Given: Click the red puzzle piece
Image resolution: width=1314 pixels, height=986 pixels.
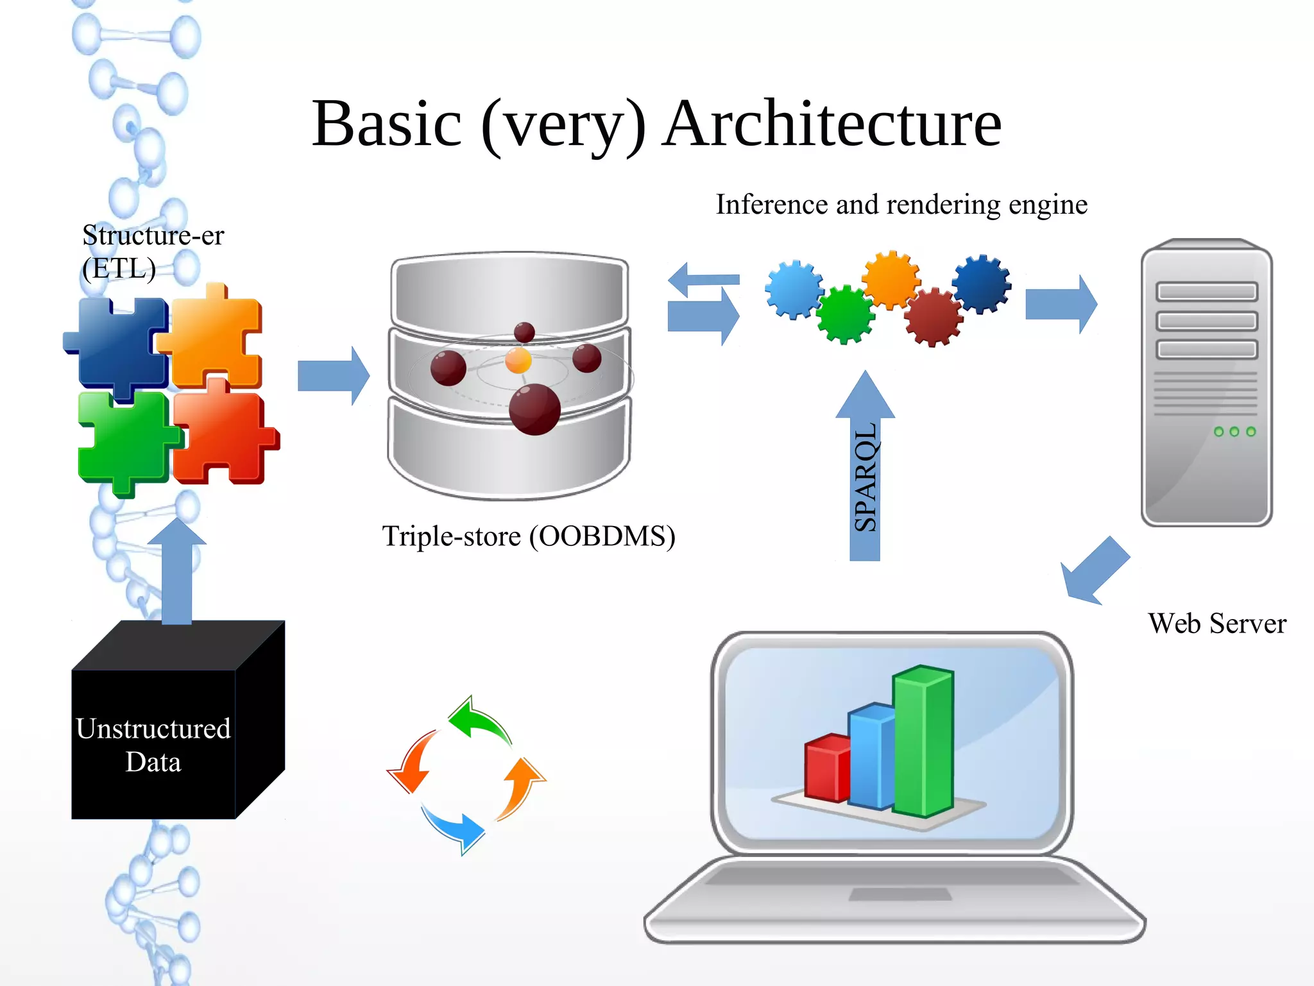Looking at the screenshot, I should pyautogui.click(x=221, y=436).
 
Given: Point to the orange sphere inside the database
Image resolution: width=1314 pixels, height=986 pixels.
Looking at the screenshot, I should pyautogui.click(x=518, y=361).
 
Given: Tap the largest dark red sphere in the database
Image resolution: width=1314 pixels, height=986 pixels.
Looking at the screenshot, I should pyautogui.click(x=534, y=409).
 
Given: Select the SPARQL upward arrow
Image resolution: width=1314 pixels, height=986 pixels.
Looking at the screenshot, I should pyautogui.click(x=865, y=475).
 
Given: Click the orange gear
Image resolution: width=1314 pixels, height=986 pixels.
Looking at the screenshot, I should pyautogui.click(x=891, y=279).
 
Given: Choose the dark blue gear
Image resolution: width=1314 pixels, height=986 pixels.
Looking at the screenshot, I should pyautogui.click(x=981, y=283).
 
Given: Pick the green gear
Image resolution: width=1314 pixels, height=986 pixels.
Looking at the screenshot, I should pyautogui.click(x=845, y=314).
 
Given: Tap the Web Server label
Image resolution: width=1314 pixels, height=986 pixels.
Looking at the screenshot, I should pyautogui.click(x=1216, y=624).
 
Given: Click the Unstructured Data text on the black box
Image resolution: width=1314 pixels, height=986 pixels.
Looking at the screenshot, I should pyautogui.click(x=153, y=745).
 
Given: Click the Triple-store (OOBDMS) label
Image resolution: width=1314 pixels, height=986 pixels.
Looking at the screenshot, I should pyautogui.click(x=528, y=536).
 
